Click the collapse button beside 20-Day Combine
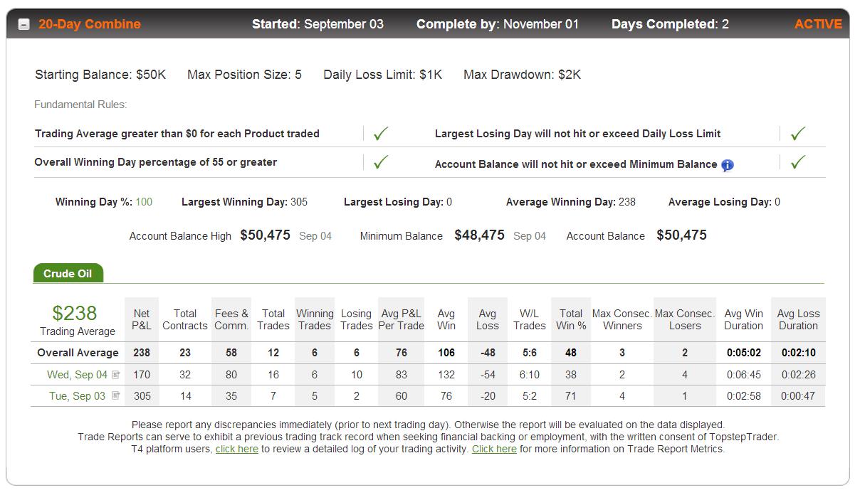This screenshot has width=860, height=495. (23, 25)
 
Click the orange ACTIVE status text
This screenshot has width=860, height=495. (818, 24)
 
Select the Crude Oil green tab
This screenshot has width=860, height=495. (68, 273)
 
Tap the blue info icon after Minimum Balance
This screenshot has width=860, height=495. (727, 165)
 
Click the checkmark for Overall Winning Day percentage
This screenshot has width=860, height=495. (381, 162)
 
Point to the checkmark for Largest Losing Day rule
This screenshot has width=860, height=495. (798, 134)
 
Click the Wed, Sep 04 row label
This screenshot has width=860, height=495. (77, 375)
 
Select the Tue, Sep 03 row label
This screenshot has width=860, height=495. (77, 395)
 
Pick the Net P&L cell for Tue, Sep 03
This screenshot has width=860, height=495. (142, 395)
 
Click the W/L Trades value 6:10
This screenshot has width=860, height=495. (530, 375)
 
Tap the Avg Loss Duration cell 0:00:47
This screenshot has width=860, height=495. (798, 395)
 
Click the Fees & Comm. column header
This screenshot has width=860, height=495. (231, 319)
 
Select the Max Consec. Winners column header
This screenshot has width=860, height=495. (622, 319)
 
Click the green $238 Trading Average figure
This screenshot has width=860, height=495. (75, 313)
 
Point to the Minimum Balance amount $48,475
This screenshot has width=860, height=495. (479, 235)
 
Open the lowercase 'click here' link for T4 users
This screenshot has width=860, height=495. (237, 449)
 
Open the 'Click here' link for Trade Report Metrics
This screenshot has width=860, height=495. (494, 449)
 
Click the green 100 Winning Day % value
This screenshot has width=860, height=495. (144, 202)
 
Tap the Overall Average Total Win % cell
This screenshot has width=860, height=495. (571, 353)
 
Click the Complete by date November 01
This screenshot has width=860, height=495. (541, 24)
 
